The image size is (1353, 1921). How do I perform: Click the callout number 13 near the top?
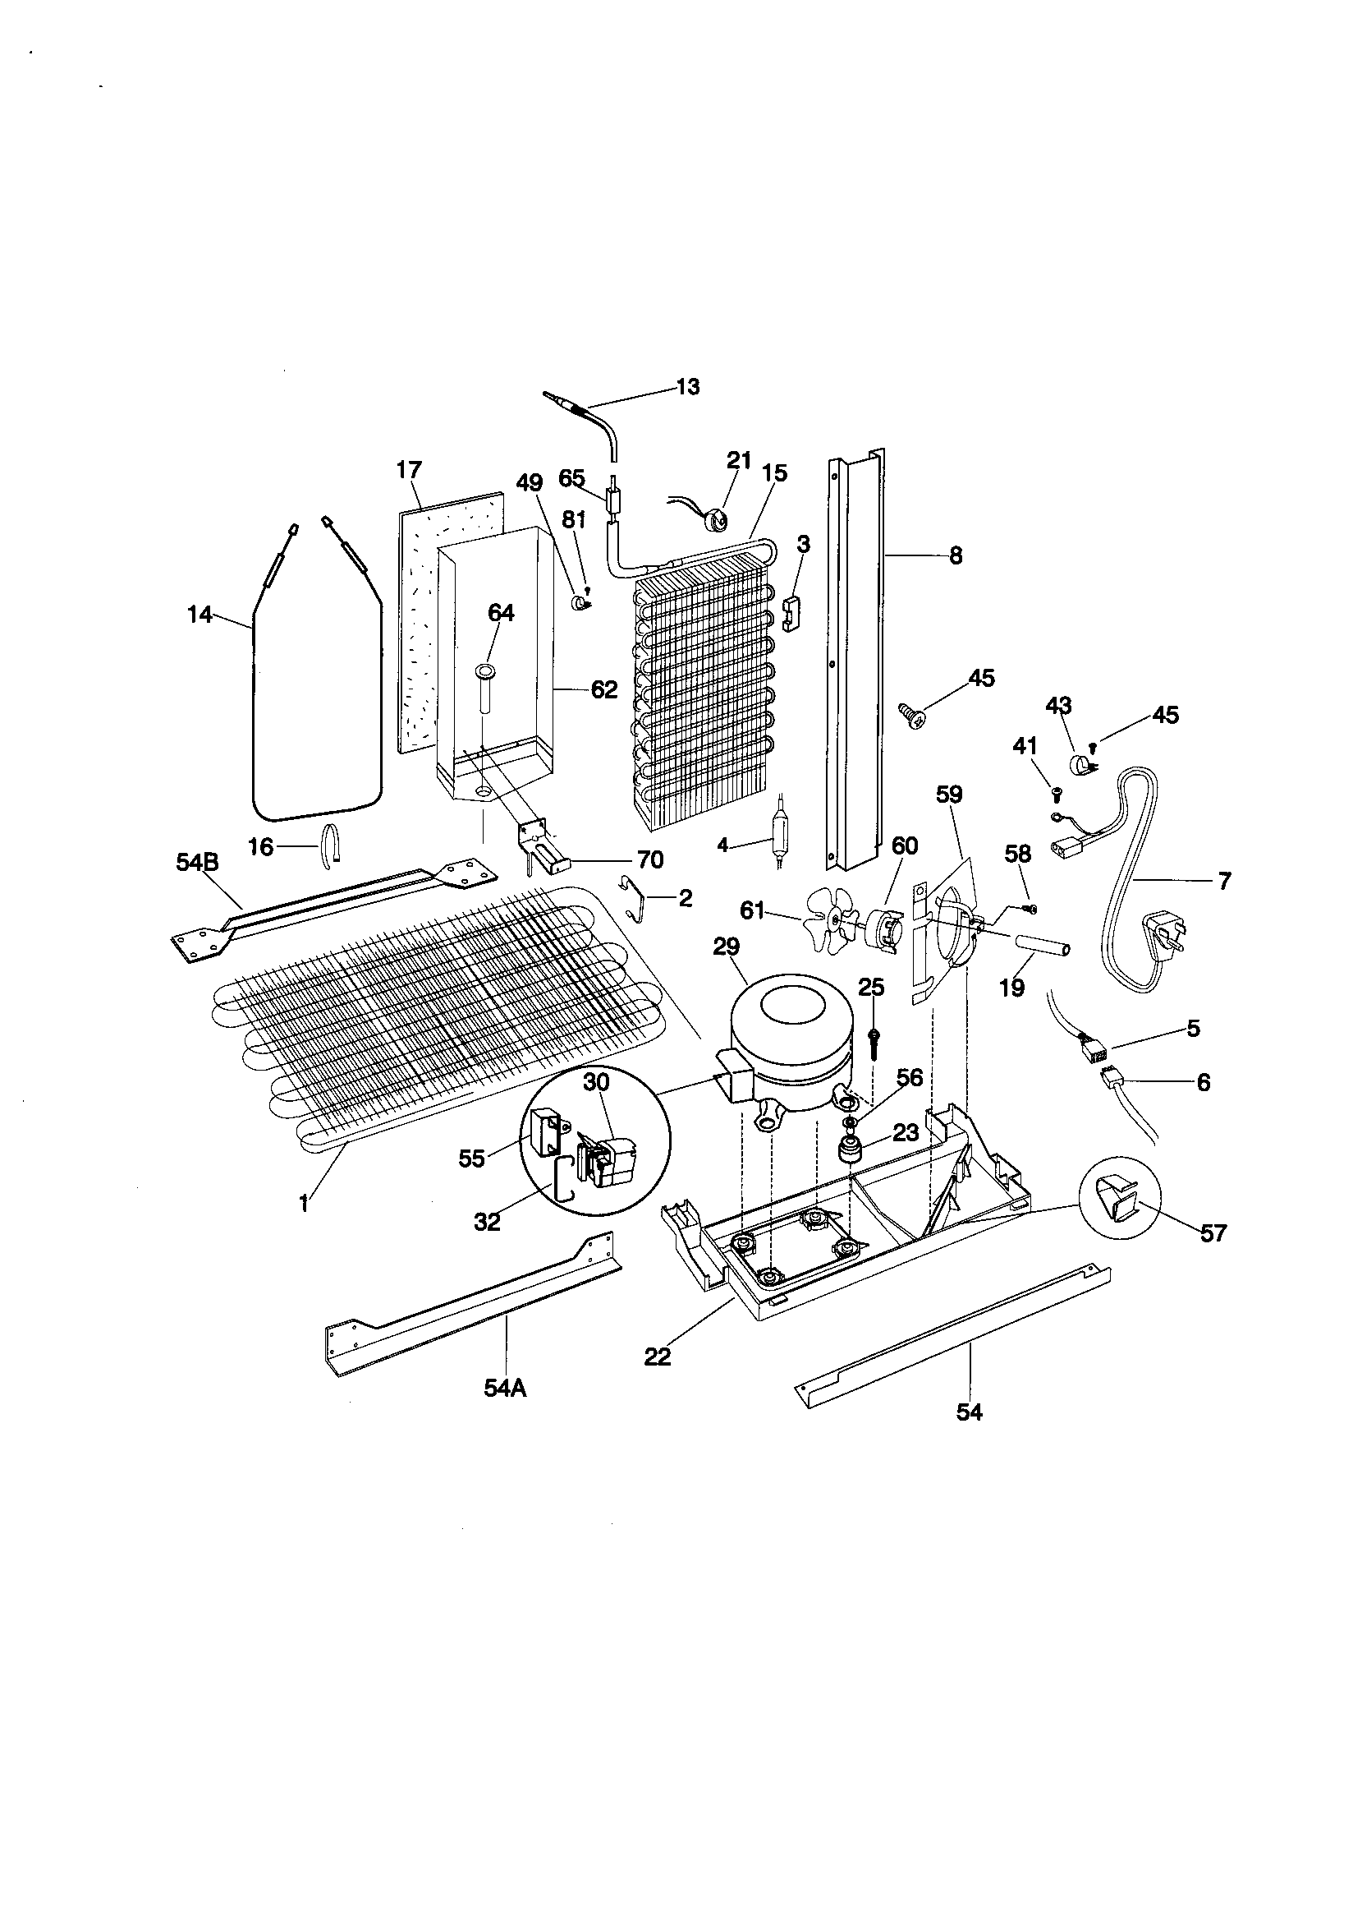(x=687, y=387)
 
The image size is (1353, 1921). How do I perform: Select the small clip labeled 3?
(x=791, y=613)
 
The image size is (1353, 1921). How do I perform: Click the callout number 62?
(x=603, y=689)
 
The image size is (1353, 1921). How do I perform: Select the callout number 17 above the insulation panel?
(x=409, y=470)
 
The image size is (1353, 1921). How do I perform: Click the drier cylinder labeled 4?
(x=777, y=832)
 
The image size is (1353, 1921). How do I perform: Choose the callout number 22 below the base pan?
(x=658, y=1357)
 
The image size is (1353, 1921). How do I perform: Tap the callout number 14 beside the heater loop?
(x=199, y=615)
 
